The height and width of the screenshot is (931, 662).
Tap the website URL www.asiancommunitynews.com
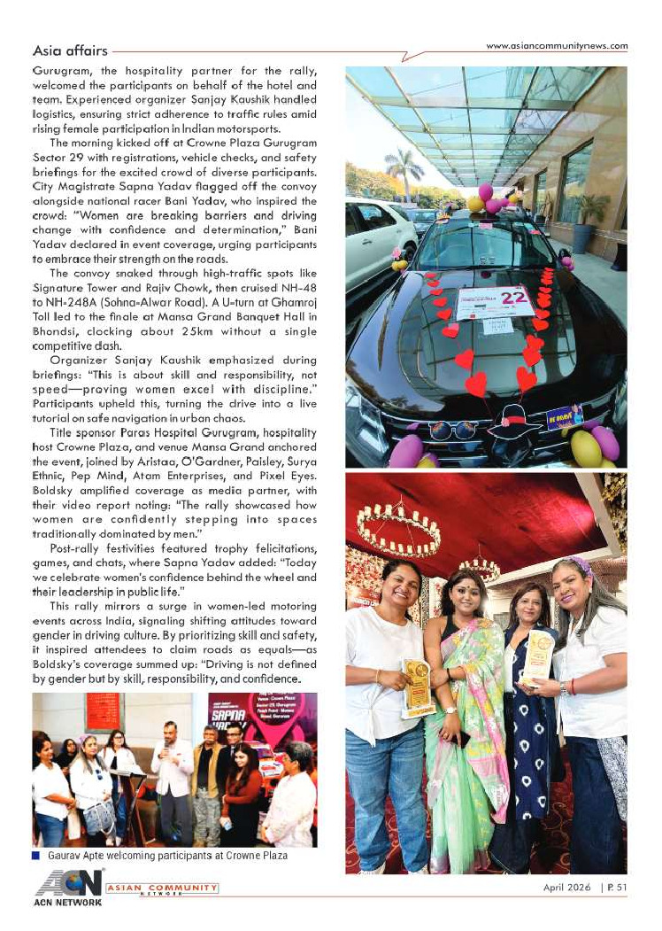pos(557,46)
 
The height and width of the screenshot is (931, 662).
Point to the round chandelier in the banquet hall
pos(398,531)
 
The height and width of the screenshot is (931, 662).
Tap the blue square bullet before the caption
pos(35,855)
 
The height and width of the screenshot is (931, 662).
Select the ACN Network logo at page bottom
pos(69,888)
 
